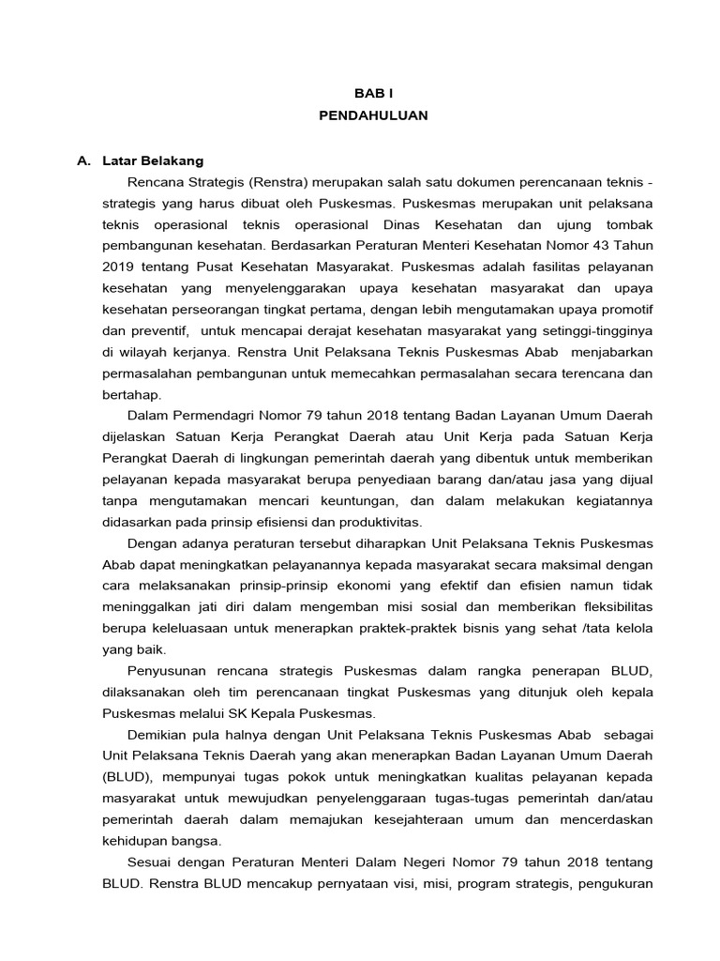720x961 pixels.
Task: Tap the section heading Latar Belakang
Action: (x=154, y=160)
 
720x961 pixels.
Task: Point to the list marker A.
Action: (x=83, y=160)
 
